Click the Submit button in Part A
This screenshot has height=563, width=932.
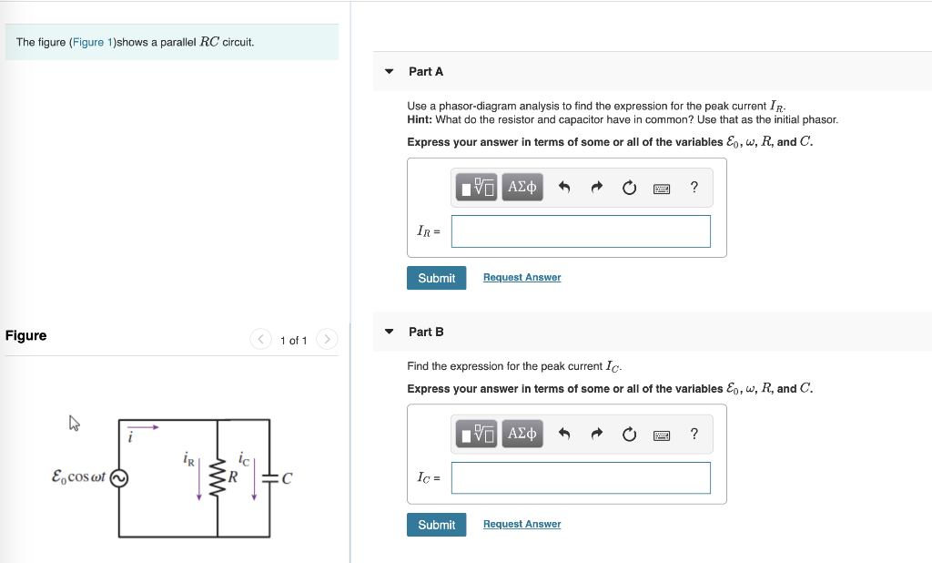pos(436,278)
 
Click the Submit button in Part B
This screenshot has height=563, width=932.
pos(436,525)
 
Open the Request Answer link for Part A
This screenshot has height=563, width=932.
pos(522,278)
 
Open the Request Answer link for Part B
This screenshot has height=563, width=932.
pos(522,525)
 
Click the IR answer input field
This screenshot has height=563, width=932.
pos(581,231)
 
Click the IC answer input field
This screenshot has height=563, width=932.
pos(581,478)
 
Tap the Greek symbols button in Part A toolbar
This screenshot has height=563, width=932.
pos(522,188)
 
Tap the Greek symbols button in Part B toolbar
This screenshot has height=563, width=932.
pos(522,435)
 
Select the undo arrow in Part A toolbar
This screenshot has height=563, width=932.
pos(563,188)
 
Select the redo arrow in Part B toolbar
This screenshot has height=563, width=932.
pos(596,435)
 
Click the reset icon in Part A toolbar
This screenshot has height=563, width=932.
pos(629,188)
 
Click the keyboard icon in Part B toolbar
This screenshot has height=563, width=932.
pos(662,435)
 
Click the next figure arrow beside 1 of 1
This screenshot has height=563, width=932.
pos(327,340)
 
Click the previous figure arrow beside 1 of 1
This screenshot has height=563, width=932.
pos(261,340)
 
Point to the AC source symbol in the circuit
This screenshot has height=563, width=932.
pos(118,477)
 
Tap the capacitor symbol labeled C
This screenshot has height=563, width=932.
pos(269,477)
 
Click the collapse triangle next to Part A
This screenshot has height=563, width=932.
pos(390,72)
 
